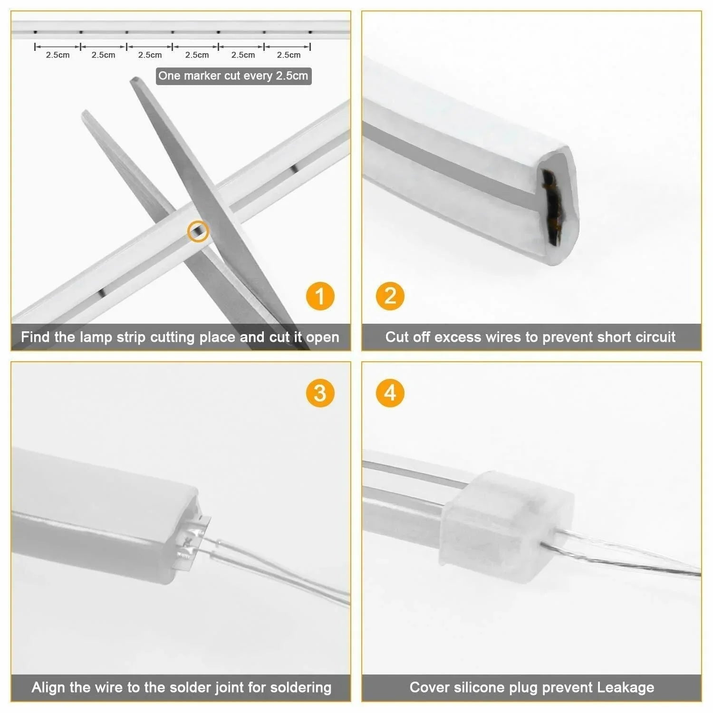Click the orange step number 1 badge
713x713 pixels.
coord(320,296)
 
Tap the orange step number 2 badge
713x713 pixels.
coord(390,296)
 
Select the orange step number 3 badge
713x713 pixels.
coord(320,393)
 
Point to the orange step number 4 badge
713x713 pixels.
coord(390,393)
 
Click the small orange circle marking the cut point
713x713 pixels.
coord(198,231)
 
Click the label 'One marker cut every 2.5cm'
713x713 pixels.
coord(233,76)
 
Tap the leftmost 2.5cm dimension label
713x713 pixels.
coord(58,55)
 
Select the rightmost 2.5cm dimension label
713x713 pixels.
coord(289,55)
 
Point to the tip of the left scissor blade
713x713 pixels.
coord(86,113)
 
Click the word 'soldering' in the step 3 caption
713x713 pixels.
coord(300,687)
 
